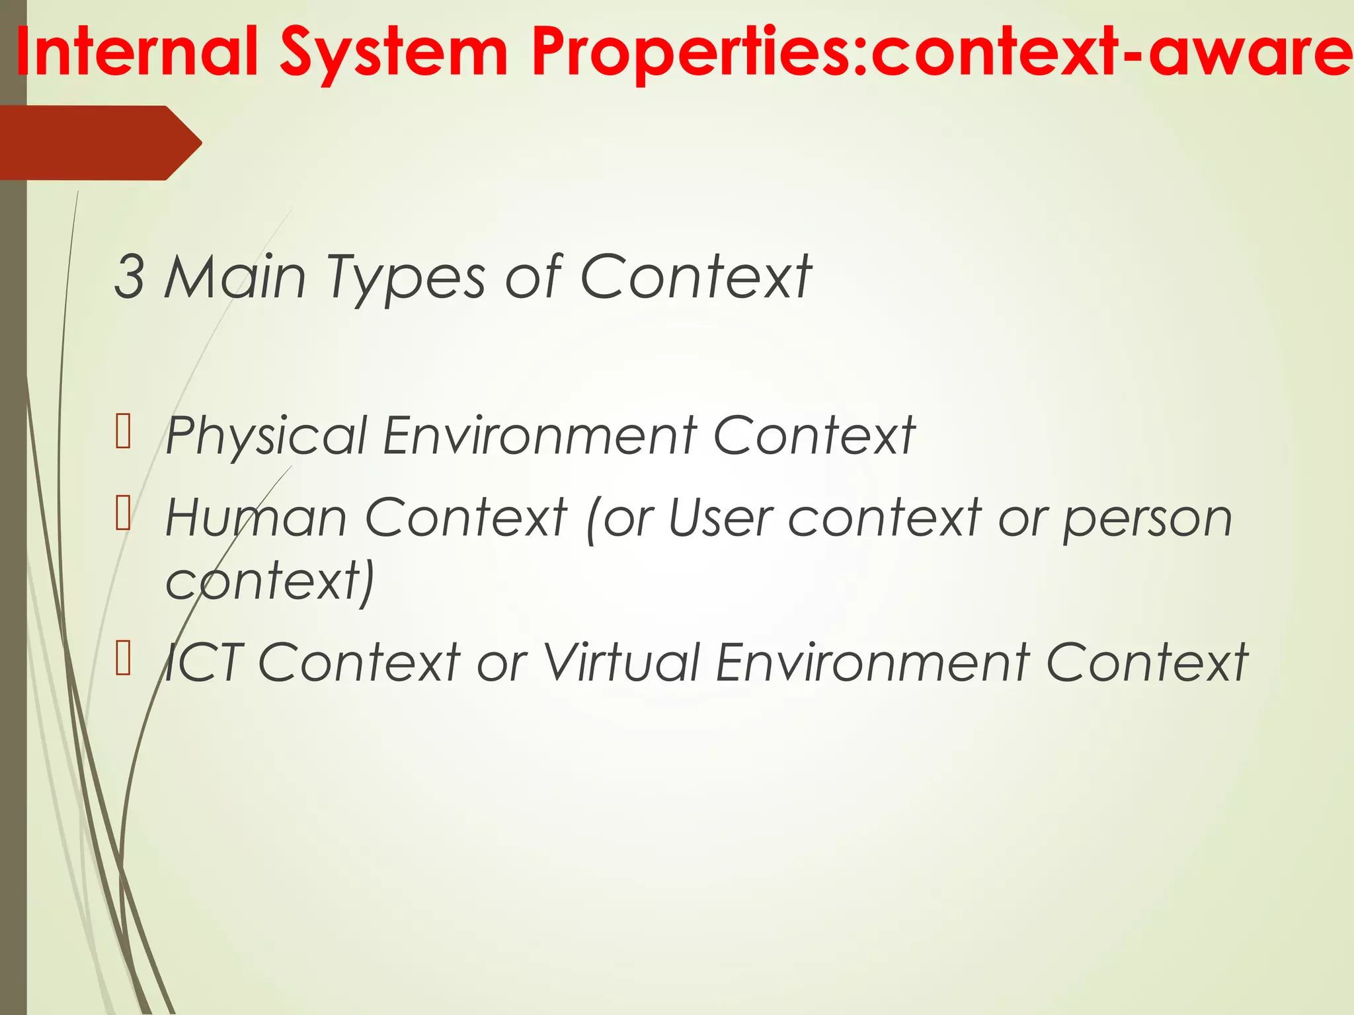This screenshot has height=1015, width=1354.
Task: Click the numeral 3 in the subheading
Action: pos(129,278)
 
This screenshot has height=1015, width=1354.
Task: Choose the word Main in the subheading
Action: pos(235,278)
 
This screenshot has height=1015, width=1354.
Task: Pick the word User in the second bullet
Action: pos(721,517)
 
